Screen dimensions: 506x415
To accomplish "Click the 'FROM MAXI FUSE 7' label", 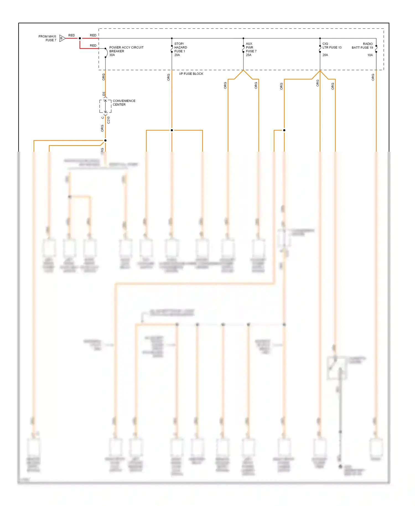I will click(x=47, y=38).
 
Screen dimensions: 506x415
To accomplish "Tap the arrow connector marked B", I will click(x=62, y=38).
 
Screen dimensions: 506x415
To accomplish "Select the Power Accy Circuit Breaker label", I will click(x=126, y=49).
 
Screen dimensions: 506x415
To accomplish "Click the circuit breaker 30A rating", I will click(x=112, y=55).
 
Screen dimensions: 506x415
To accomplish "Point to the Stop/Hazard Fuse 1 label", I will click(x=180, y=47).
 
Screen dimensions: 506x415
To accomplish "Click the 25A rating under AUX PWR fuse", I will click(x=248, y=55).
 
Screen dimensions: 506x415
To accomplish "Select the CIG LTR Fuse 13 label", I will click(x=332, y=46).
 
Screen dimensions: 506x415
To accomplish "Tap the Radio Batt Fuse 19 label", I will click(x=362, y=46).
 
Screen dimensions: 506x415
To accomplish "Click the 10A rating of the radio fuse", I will click(x=370, y=55).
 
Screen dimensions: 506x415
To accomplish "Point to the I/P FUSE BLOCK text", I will click(x=191, y=74).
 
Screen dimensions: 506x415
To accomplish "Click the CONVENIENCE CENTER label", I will click(x=124, y=103).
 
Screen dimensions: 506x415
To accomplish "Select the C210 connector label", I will click(x=108, y=120).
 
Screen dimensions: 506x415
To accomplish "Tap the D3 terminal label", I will click(x=104, y=94).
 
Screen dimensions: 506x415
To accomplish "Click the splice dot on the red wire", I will click(x=80, y=38).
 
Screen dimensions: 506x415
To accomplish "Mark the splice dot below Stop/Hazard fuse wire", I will click(x=172, y=130).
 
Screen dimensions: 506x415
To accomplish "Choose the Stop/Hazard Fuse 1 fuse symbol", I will click(x=172, y=49).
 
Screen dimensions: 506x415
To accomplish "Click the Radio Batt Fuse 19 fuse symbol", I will click(x=376, y=49).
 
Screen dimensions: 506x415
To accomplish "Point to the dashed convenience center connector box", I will click(x=105, y=106).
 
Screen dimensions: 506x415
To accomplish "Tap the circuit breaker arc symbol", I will click(x=106, y=53).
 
